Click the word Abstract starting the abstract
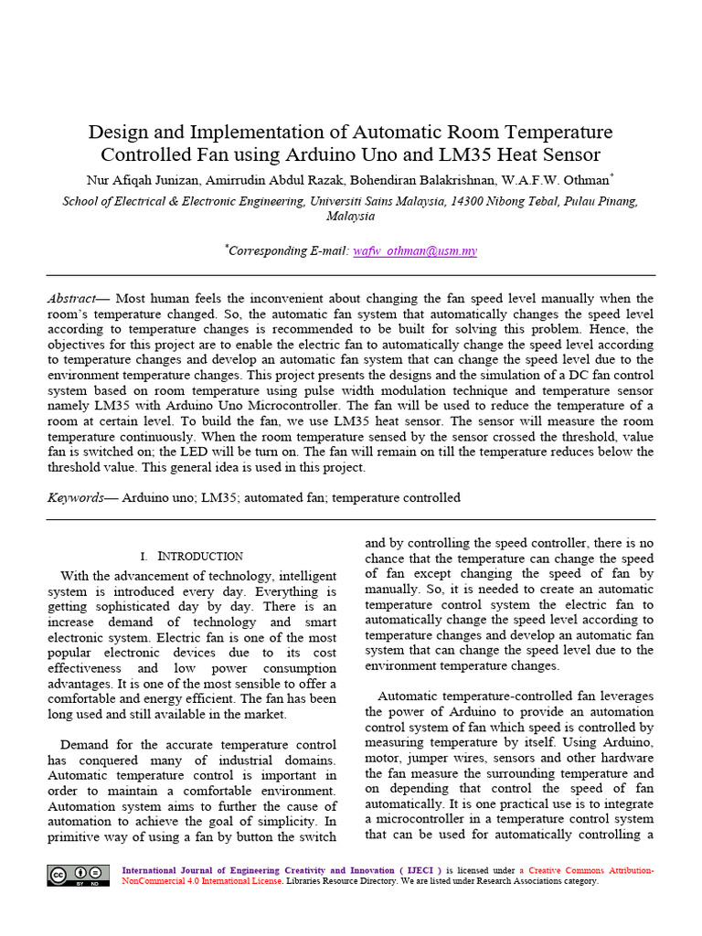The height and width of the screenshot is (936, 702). pyautogui.click(x=72, y=299)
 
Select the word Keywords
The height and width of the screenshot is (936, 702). pyautogui.click(x=75, y=498)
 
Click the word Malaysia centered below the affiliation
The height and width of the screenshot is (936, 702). pyautogui.click(x=351, y=217)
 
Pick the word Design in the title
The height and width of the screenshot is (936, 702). pyautogui.click(x=117, y=133)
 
